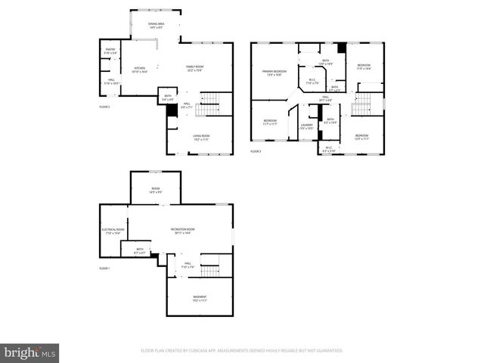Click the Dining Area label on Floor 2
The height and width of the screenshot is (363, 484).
(x=156, y=26)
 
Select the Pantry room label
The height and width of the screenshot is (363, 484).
(x=110, y=51)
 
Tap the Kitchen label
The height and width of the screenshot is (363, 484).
(x=139, y=70)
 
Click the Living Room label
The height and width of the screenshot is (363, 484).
(x=200, y=138)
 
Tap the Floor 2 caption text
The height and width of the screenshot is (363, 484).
(x=104, y=107)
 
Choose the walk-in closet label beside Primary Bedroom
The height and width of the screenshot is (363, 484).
(x=312, y=81)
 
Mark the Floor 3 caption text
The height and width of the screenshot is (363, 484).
(x=256, y=151)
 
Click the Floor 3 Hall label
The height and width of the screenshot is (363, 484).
(x=325, y=98)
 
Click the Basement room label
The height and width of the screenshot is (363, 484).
(x=199, y=298)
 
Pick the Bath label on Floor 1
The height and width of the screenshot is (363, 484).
(x=140, y=250)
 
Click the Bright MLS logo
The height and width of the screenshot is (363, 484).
(x=29, y=352)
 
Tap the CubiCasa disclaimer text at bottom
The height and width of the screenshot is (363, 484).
(x=242, y=351)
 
